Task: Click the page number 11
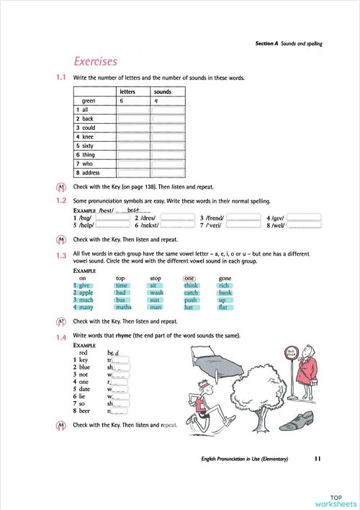(318, 459)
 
